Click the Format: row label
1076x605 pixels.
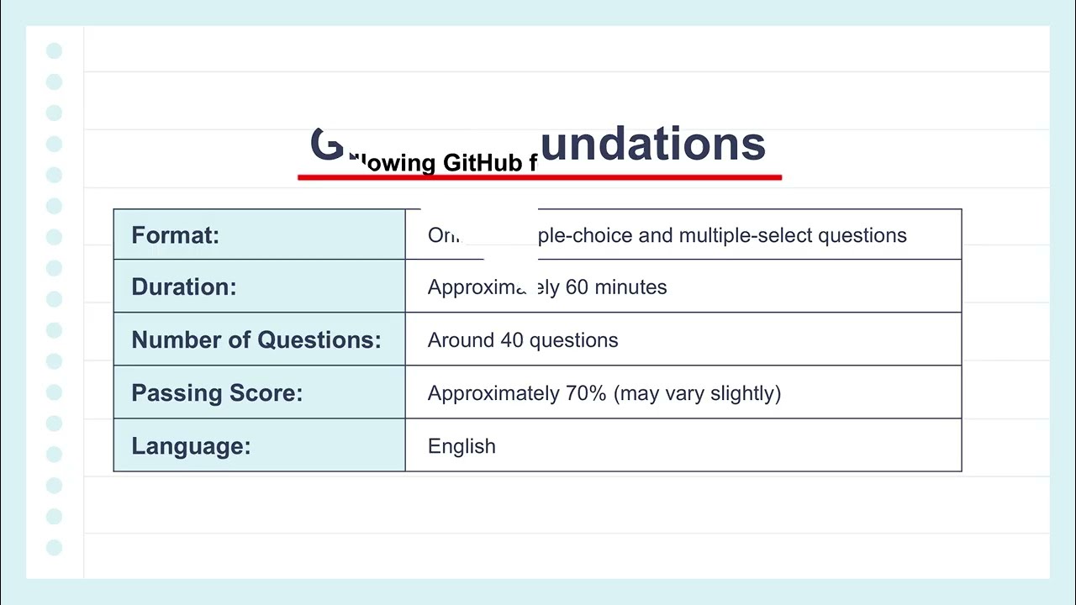coord(175,235)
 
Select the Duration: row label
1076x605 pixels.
coord(183,287)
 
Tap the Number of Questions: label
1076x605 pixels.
coord(256,340)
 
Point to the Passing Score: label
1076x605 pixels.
coord(216,393)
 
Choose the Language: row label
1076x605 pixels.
coord(191,446)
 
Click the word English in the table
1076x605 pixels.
coord(462,446)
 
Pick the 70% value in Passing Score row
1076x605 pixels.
coord(585,393)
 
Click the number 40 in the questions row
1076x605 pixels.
coord(512,340)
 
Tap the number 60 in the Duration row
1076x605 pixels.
coord(577,287)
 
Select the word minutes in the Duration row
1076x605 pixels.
coord(630,287)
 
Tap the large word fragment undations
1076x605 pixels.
coord(652,144)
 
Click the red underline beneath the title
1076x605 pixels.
coord(540,177)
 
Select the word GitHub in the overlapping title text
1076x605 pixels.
coord(483,162)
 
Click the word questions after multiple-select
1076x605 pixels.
coord(862,235)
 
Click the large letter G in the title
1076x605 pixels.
coord(327,145)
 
